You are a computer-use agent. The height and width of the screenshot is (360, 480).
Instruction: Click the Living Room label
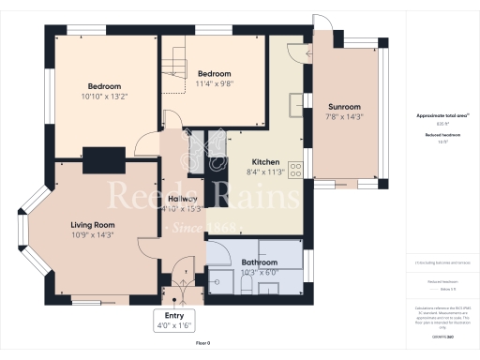tap(93, 224)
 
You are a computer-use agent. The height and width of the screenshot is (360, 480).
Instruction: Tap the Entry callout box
tap(174, 322)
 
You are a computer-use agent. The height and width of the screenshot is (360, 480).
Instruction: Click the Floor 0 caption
tap(203, 344)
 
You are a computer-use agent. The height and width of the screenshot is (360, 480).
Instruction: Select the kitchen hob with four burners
tap(295, 170)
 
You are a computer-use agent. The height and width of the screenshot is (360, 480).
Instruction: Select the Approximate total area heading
tap(442, 115)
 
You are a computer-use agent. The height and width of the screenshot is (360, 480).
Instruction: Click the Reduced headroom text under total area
tap(442, 136)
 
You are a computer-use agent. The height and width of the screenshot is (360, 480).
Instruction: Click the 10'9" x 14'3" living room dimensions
tap(93, 235)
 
